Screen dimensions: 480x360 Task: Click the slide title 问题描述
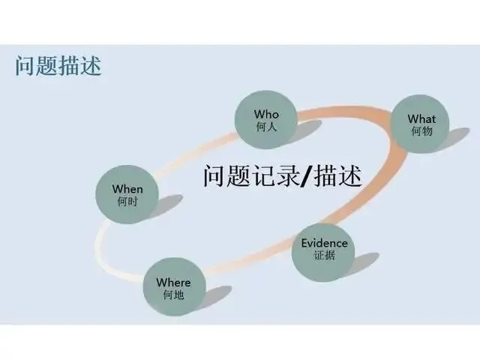click(x=58, y=67)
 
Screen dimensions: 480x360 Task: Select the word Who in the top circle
click(x=266, y=114)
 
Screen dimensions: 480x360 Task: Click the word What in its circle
click(x=421, y=118)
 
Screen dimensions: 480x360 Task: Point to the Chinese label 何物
click(x=421, y=131)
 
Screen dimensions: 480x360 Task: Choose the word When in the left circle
click(x=127, y=189)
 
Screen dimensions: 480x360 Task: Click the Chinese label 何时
click(x=127, y=202)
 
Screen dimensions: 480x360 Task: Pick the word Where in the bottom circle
click(x=173, y=282)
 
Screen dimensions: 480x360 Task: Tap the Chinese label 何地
click(x=173, y=295)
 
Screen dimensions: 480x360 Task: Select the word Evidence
click(x=324, y=243)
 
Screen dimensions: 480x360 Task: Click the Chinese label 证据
click(x=324, y=256)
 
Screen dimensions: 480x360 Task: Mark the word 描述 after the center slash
click(x=337, y=177)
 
